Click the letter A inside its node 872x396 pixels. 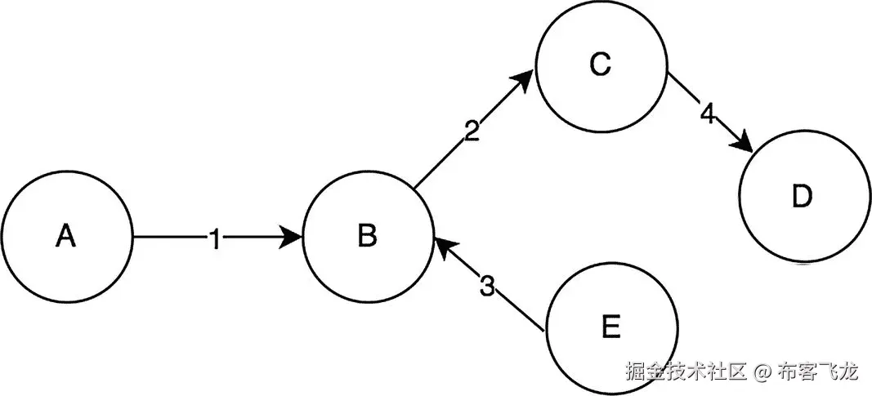[x=66, y=237]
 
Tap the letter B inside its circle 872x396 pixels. [x=367, y=237]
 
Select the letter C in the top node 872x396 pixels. [x=600, y=65]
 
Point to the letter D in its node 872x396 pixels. [x=803, y=197]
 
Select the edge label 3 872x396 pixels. [x=487, y=287]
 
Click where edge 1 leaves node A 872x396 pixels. [x=132, y=238]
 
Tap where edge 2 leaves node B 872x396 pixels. [x=414, y=190]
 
